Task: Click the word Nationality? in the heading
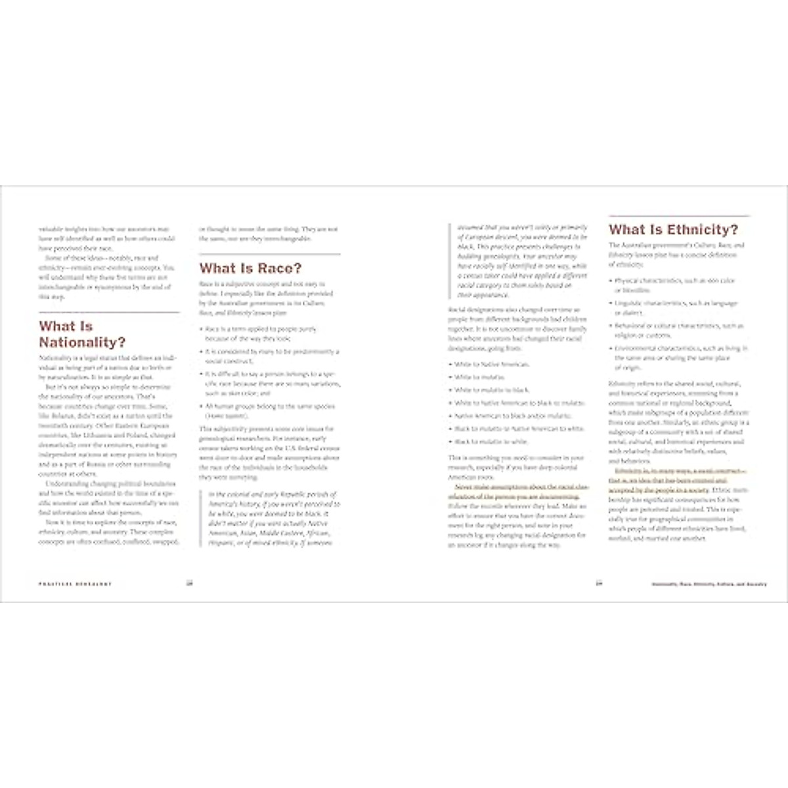[82, 342]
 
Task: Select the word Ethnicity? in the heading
[703, 229]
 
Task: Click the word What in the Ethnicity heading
[627, 229]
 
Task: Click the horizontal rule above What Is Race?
[269, 254]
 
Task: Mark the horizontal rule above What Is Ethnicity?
[679, 215]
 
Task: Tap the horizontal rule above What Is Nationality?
[109, 312]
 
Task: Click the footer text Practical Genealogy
[75, 584]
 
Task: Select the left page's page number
[189, 583]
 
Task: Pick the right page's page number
[598, 583]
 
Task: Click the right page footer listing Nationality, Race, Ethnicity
[709, 584]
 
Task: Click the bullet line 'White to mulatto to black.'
[491, 390]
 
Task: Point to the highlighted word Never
[464, 487]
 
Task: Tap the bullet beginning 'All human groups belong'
[270, 406]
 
